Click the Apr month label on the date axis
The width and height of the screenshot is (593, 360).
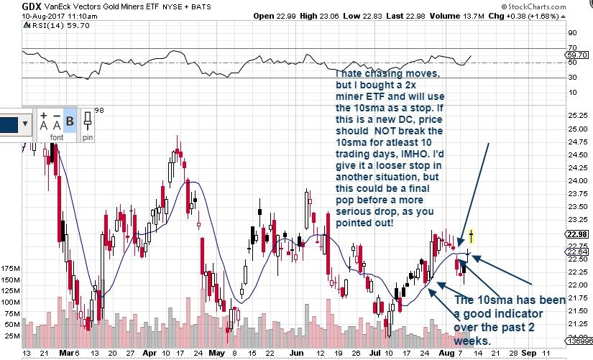[x=150, y=354]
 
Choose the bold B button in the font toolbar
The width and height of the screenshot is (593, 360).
[x=70, y=121]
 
